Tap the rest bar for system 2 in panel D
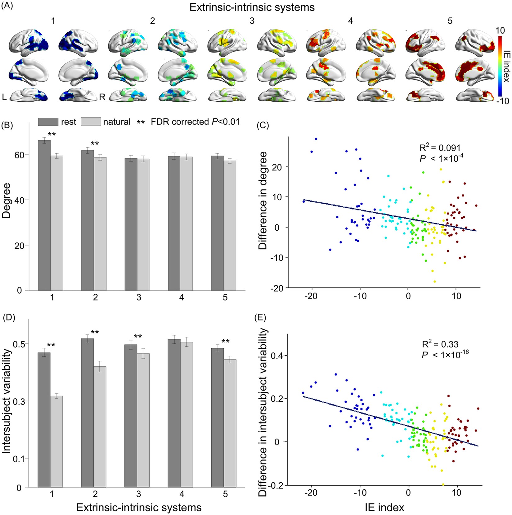pyautogui.click(x=87, y=413)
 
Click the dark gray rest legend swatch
pyautogui.click(x=48, y=122)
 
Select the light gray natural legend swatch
pyautogui.click(x=91, y=122)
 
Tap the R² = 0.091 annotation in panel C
pyautogui.click(x=440, y=148)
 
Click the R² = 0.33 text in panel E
pyautogui.click(x=440, y=344)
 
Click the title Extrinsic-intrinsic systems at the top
pyautogui.click(x=252, y=7)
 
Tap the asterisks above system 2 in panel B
pyautogui.click(x=95, y=143)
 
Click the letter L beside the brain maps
pyautogui.click(x=4, y=97)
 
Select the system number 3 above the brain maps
pyautogui.click(x=252, y=21)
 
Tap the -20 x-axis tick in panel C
pyautogui.click(x=311, y=296)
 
